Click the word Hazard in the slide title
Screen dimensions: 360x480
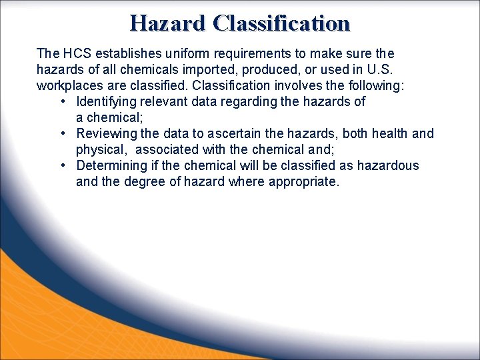168,23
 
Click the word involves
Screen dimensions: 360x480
296,85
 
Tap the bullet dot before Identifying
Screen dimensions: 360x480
62,101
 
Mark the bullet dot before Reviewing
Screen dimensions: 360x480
62,133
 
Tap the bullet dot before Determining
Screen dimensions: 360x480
62,165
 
